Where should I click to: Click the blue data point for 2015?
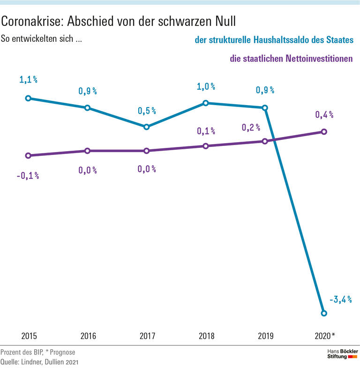click(x=28, y=98)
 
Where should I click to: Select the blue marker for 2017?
click(x=146, y=127)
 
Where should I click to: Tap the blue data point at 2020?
click(x=323, y=313)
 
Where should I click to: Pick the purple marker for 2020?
click(x=323, y=131)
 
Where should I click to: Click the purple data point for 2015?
click(x=28, y=155)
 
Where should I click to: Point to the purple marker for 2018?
click(x=205, y=146)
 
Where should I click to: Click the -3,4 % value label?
click(x=341, y=299)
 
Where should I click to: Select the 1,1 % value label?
click(x=28, y=80)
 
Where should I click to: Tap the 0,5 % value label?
click(x=146, y=111)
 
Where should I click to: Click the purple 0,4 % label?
click(x=323, y=114)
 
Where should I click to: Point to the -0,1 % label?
click(x=28, y=176)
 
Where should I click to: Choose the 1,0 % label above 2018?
click(x=205, y=86)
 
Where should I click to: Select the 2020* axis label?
click(x=324, y=336)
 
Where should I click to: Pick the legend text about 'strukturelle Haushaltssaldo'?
click(x=274, y=41)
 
